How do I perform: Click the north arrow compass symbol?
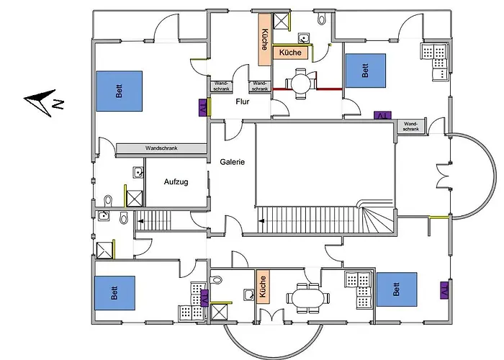[44, 102]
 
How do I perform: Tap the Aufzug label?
[176, 182]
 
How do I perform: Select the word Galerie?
[233, 162]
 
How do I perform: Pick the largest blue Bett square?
[118, 91]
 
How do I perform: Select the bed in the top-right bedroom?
[365, 71]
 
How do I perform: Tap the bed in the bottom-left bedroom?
[114, 292]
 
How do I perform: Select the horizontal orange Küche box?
[290, 53]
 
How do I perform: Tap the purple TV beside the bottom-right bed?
[444, 290]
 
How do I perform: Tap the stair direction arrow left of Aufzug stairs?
[142, 222]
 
